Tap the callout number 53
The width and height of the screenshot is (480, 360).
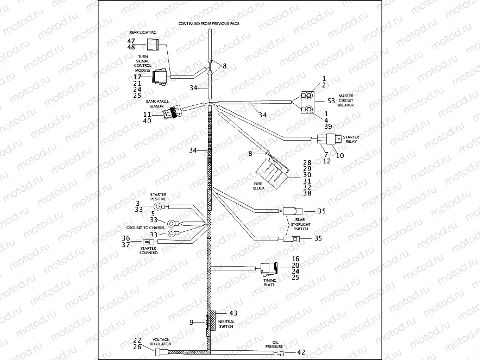pyautogui.click(x=331, y=101)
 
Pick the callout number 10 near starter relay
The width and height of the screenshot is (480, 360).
pyautogui.click(x=340, y=156)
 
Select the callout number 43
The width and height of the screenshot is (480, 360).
pyautogui.click(x=233, y=313)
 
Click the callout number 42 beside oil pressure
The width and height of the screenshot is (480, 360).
pyautogui.click(x=301, y=352)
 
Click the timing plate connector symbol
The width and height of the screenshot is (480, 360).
pyautogui.click(x=268, y=268)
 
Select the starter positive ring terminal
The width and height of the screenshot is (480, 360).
pyautogui.click(x=159, y=206)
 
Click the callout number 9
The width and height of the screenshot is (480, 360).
pyautogui.click(x=192, y=323)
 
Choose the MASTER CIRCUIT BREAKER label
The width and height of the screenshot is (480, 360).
pyautogui.click(x=346, y=100)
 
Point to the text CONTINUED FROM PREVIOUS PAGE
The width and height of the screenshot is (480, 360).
pyautogui.click(x=209, y=24)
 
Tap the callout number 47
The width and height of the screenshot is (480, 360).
pyautogui.click(x=131, y=41)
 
